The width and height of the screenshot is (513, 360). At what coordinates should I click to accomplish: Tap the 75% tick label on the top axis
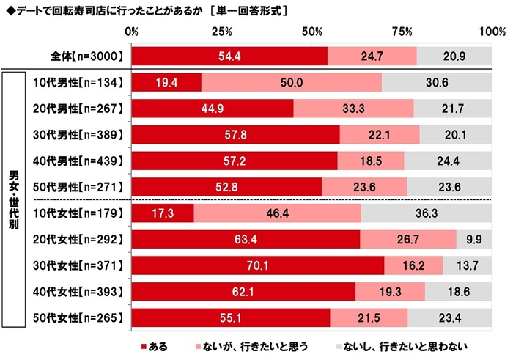coord(402,32)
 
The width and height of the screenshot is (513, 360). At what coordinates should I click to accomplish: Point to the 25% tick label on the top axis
coord(222,32)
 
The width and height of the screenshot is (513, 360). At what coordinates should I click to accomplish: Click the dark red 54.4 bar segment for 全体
coord(229,56)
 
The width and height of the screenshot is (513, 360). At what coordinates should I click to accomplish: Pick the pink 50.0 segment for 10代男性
coord(291,82)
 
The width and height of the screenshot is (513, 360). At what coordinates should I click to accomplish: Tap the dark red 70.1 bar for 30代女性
coord(258,265)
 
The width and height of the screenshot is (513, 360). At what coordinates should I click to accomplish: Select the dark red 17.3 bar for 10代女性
coord(163,213)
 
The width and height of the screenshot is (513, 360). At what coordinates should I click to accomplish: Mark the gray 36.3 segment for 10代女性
coord(427,213)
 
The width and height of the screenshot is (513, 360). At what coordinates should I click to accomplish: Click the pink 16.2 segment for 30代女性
coord(413,265)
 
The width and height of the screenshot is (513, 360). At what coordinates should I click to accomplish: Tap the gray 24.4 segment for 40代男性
coord(449,160)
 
